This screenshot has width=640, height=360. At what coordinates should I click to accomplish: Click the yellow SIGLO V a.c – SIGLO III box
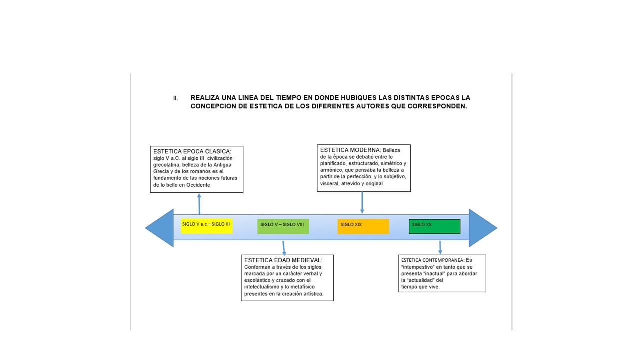pos(207,226)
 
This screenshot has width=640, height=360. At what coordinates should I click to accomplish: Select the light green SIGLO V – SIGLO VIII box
pos(283,226)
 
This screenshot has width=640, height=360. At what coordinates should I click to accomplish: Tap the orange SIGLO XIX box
pos(363,226)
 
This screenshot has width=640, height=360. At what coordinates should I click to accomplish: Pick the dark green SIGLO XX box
pos(434,226)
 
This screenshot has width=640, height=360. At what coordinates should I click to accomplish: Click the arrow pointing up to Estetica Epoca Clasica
pos(199,204)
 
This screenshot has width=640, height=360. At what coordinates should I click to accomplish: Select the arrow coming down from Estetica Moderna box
pos(362,203)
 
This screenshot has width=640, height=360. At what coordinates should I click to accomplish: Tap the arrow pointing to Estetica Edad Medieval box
pos(284,248)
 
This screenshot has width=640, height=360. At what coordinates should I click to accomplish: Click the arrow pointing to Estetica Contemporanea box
pos(440,247)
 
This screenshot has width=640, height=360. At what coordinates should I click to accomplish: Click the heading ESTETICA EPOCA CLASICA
pos(192,151)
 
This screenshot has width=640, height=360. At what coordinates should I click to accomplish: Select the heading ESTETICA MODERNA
pos(350,150)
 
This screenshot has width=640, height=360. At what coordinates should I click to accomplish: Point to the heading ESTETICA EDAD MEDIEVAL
pos(283,260)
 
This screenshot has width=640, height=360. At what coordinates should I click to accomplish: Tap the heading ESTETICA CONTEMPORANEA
pos(433,260)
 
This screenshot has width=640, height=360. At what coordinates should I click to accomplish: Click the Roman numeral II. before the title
pos(175,98)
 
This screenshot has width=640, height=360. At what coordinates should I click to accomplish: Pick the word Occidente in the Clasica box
pos(198,185)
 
